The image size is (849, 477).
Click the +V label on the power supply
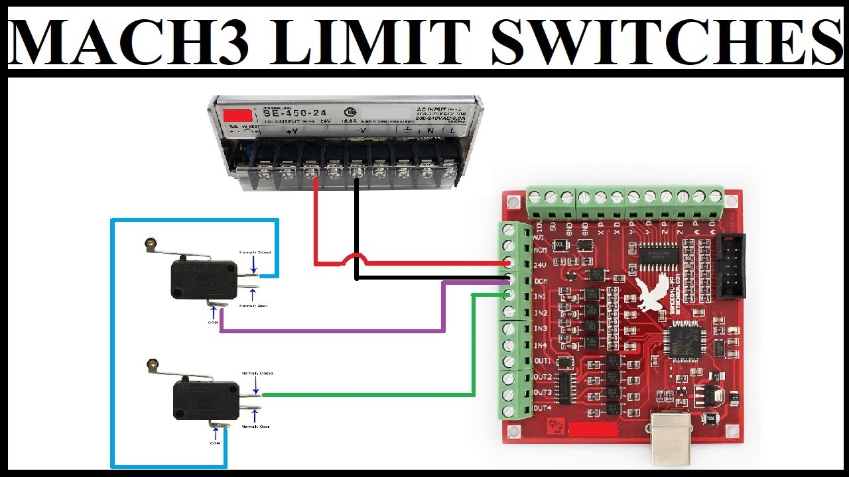[x=291, y=131]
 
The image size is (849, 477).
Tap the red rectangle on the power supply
[x=238, y=115]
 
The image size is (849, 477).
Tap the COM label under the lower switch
[x=215, y=442]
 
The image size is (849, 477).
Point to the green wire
[x=371, y=395]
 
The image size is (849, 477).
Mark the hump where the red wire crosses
[x=356, y=257]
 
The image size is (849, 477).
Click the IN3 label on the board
[x=541, y=329]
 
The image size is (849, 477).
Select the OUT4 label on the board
[x=542, y=408]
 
